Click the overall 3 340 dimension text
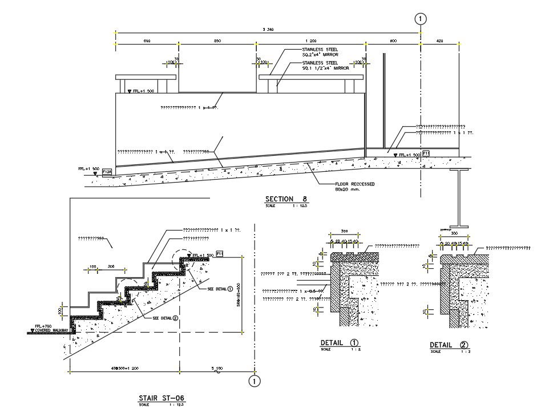click(268, 30)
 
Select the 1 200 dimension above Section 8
click(311, 42)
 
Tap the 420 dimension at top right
click(439, 42)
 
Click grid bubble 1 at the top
click(420, 19)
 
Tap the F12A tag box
click(107, 171)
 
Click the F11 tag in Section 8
click(426, 153)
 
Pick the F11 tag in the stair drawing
click(219, 253)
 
